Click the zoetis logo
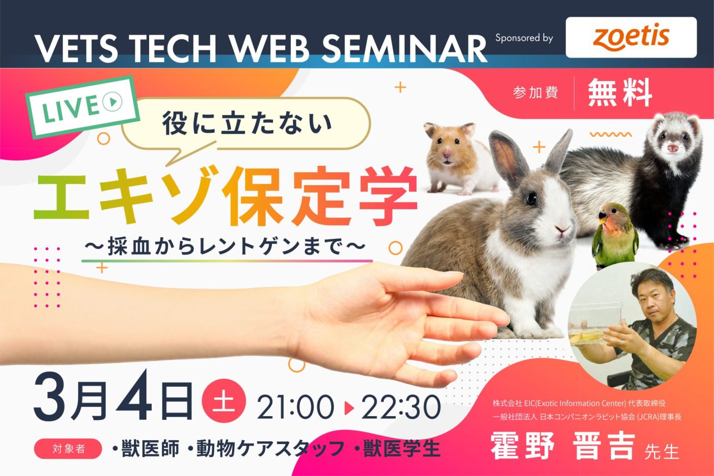631,38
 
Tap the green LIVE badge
82,107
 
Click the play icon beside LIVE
112,102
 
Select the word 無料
620,93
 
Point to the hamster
459,158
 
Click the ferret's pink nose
672,148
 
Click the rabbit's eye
531,198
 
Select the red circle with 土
224,400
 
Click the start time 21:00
296,407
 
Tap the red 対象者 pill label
68,449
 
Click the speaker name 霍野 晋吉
563,446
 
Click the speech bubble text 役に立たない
247,123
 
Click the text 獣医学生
402,449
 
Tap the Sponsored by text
524,38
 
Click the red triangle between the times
349,408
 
